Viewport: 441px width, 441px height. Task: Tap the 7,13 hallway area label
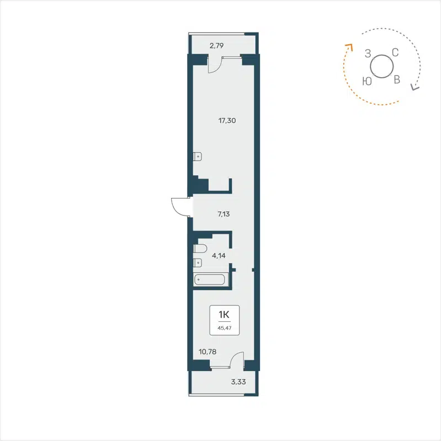coord(224,214)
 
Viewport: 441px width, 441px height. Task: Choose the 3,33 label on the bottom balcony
coord(238,380)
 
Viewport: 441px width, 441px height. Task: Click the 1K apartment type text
coord(224,315)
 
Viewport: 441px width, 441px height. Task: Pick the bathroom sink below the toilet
coord(198,263)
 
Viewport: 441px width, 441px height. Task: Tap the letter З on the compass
coord(368,53)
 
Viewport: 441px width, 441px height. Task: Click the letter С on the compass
coord(395,53)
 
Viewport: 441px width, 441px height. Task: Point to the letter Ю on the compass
coord(366,81)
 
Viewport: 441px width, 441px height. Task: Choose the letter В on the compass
coord(396,80)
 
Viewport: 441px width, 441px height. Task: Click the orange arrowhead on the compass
coord(348,47)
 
